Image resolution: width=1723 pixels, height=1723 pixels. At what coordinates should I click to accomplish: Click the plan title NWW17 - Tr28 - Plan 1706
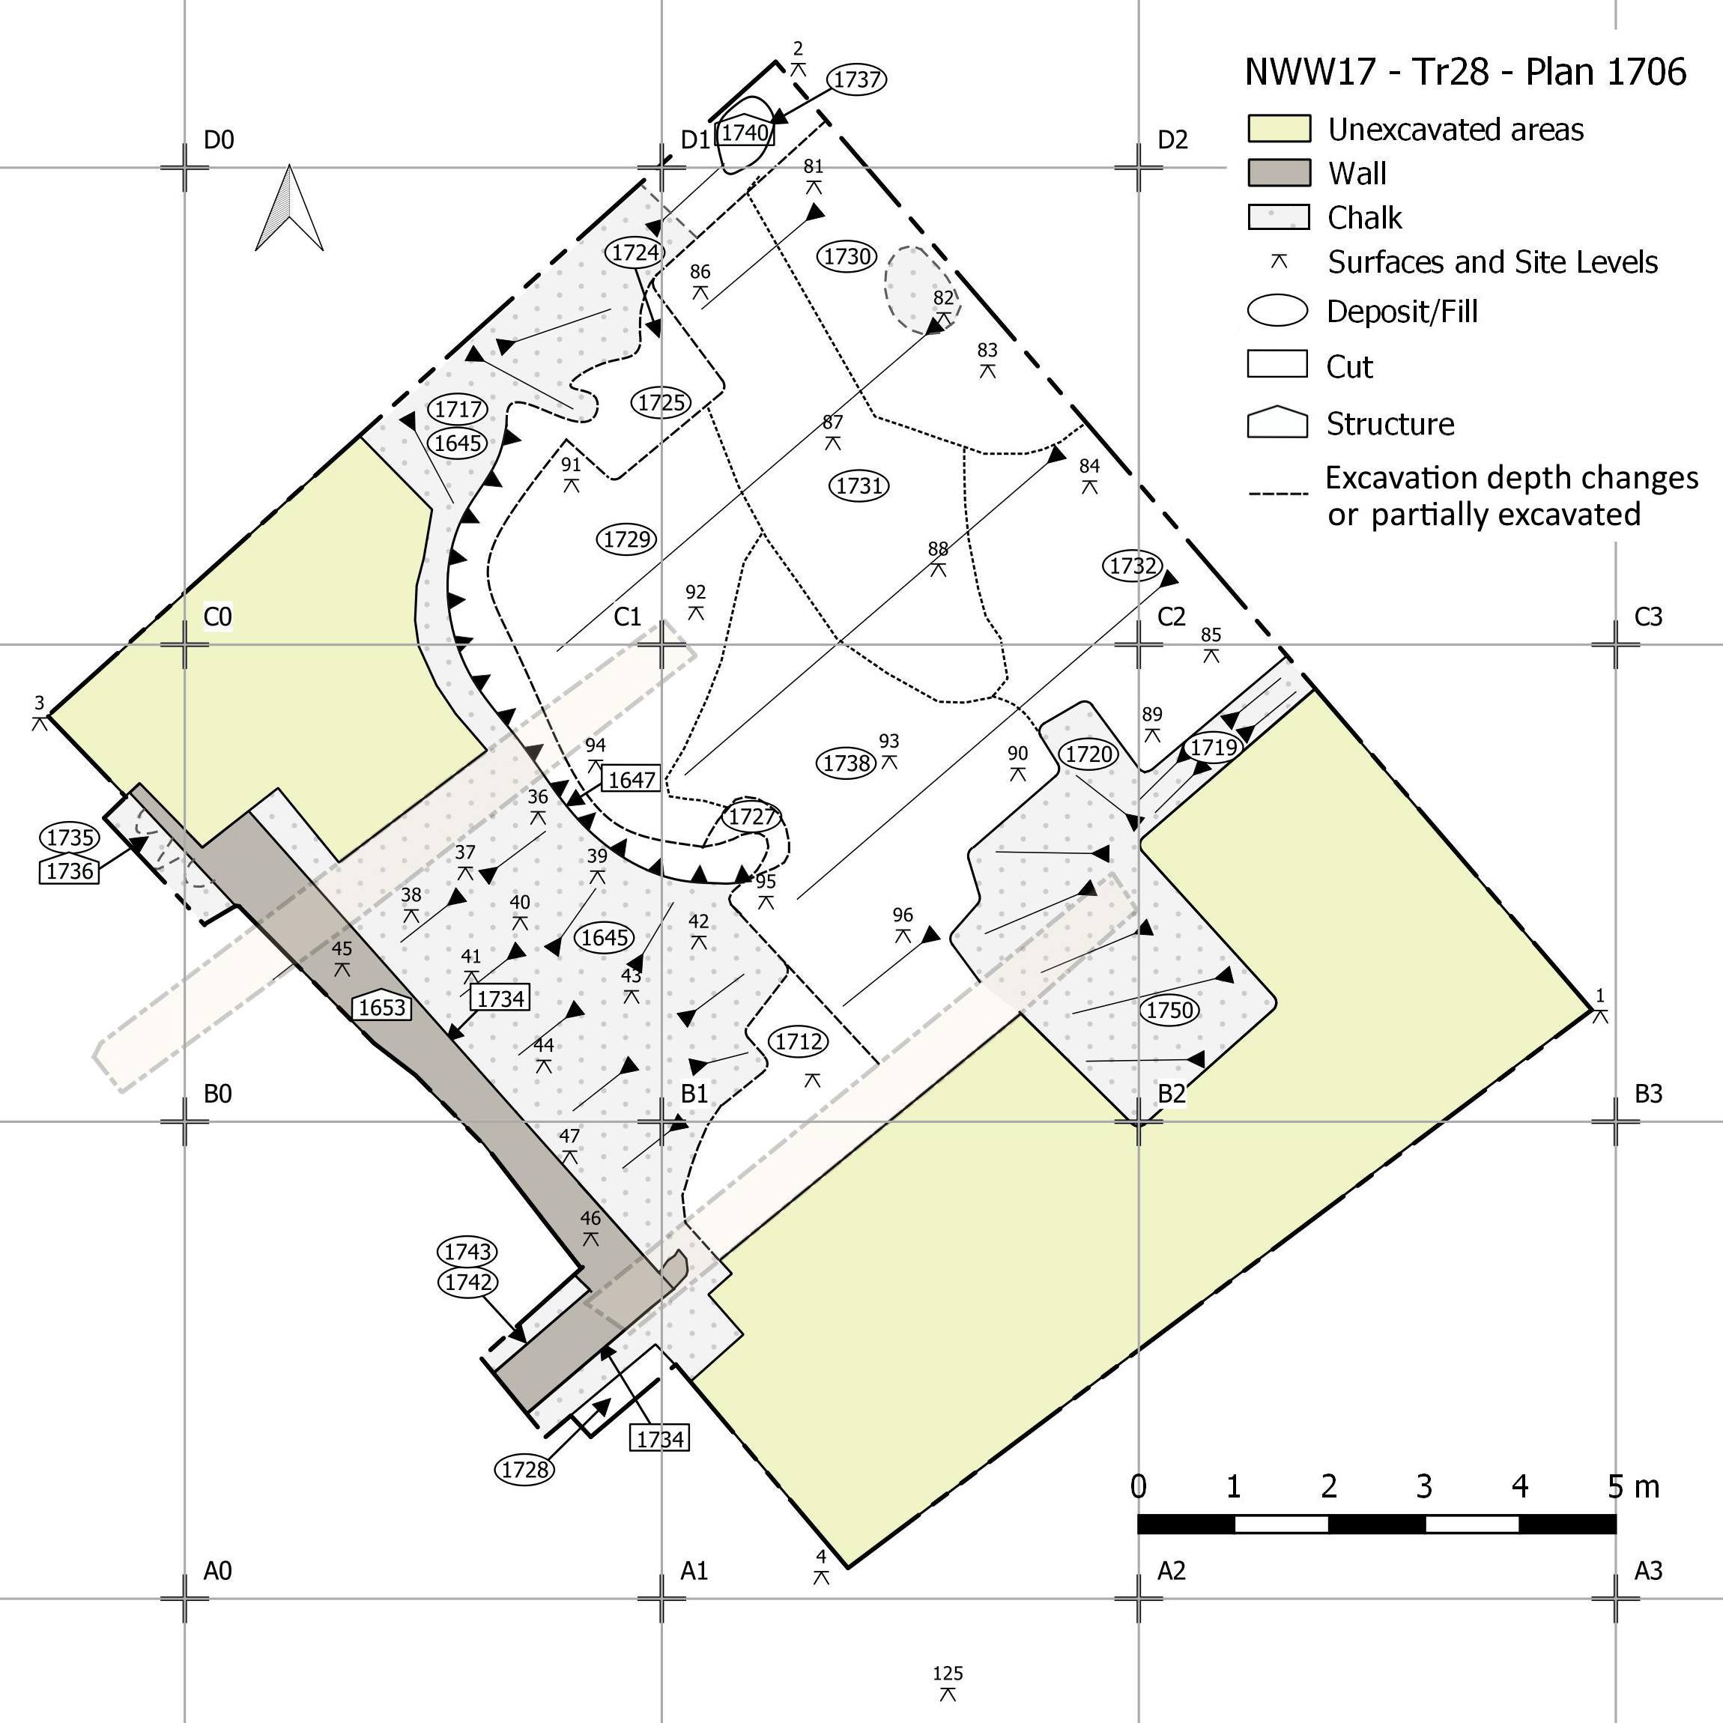coord(1465,72)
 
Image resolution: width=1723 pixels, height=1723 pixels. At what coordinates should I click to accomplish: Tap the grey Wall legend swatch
coord(1279,173)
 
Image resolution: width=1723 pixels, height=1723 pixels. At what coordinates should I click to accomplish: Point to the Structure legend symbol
coord(1277,423)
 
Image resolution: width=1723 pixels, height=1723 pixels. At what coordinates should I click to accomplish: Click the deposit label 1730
coord(847,257)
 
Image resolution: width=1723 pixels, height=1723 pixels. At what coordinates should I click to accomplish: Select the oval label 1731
coord(860,486)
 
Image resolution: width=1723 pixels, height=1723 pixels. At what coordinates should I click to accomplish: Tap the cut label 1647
coord(632,779)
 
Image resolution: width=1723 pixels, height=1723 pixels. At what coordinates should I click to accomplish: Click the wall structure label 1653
coord(383,1007)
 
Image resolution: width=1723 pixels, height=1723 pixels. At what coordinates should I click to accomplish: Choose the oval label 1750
coord(1169,1011)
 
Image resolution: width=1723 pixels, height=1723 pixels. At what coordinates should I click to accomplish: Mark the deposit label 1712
coord(798,1041)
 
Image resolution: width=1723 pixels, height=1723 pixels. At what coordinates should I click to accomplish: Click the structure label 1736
coord(70,870)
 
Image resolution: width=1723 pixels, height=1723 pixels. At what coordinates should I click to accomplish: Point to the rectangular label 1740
coord(745,133)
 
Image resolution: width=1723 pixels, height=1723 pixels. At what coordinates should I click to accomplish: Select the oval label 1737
coord(857,79)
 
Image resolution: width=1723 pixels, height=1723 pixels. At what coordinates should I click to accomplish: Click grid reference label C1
coord(628,617)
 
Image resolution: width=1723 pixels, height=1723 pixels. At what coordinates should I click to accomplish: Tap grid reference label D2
coord(1172,140)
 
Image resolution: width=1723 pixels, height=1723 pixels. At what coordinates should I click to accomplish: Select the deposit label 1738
coord(847,763)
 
